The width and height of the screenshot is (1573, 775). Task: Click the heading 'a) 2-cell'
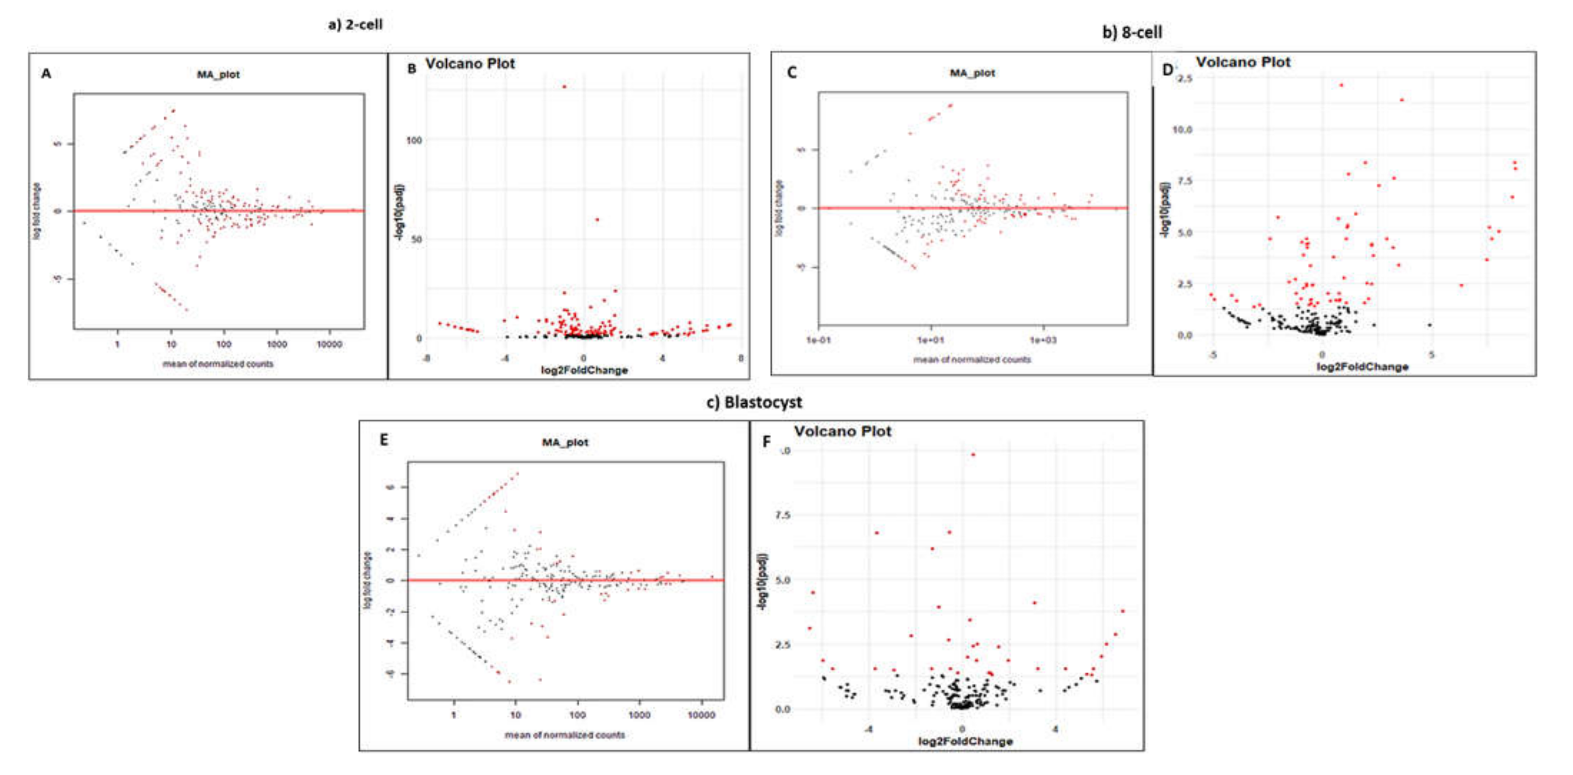pos(356,25)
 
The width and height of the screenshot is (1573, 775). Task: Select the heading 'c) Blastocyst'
pos(754,402)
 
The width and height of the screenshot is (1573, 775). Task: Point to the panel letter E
pos(384,440)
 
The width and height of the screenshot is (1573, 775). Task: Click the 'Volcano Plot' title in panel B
pos(470,64)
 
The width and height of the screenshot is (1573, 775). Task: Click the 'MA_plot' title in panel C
pos(972,73)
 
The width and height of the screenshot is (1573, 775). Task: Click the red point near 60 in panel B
pos(597,219)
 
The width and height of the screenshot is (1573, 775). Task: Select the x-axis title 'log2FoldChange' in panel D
pos(1362,367)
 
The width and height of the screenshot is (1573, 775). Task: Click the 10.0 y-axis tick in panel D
pos(1182,129)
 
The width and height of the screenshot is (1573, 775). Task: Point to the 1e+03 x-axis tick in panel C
pos(1043,340)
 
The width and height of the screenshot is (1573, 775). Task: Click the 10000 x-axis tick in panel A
pos(329,345)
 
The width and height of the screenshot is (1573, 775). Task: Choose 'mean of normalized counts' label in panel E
pos(564,735)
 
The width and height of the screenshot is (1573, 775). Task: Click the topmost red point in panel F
pos(973,455)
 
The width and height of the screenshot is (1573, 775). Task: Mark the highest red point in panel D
pos(1342,85)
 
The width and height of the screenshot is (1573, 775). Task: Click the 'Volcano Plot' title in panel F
pos(842,432)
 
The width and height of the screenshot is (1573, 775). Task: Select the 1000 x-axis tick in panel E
pos(639,715)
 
